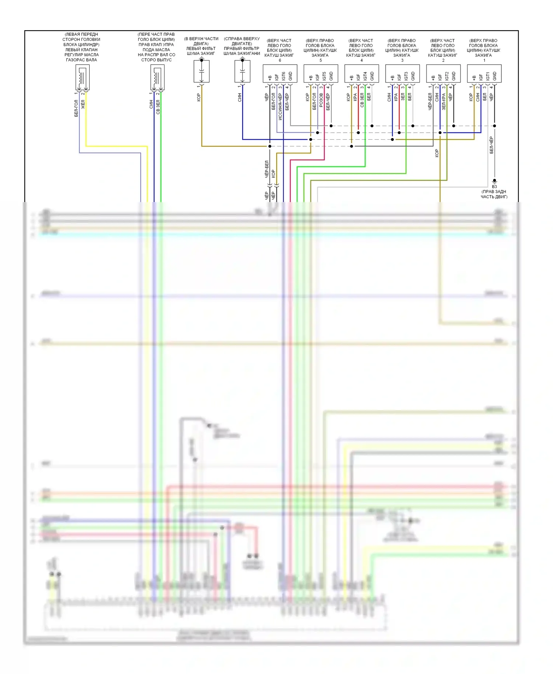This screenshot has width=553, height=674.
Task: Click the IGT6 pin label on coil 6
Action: click(284, 76)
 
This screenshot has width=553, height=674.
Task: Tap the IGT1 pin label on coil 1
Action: click(488, 76)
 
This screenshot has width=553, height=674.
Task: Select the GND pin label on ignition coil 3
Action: click(413, 76)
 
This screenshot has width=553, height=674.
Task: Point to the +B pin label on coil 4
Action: click(352, 77)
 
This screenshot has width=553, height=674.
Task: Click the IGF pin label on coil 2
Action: click(440, 77)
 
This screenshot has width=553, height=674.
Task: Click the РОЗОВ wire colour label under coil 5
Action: click(321, 100)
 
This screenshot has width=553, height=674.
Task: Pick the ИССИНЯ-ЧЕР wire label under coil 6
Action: click(280, 107)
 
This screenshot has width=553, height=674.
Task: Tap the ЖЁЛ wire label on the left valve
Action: click(83, 104)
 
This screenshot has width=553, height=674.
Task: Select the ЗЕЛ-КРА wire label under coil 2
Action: click(444, 101)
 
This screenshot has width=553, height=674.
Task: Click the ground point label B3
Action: click(494, 187)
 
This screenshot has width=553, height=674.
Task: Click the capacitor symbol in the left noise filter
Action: click(202, 71)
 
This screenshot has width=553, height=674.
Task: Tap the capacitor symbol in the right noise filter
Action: click(242, 71)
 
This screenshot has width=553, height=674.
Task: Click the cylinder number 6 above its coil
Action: click(280, 60)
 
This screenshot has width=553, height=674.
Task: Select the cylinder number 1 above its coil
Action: click(484, 60)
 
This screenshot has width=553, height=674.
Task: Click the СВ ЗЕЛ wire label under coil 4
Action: click(362, 100)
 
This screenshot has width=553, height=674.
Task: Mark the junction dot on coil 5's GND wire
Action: click(331, 126)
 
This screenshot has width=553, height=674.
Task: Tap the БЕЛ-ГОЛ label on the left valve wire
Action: click(76, 108)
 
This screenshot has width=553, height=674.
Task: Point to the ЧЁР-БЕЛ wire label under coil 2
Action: click(430, 101)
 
